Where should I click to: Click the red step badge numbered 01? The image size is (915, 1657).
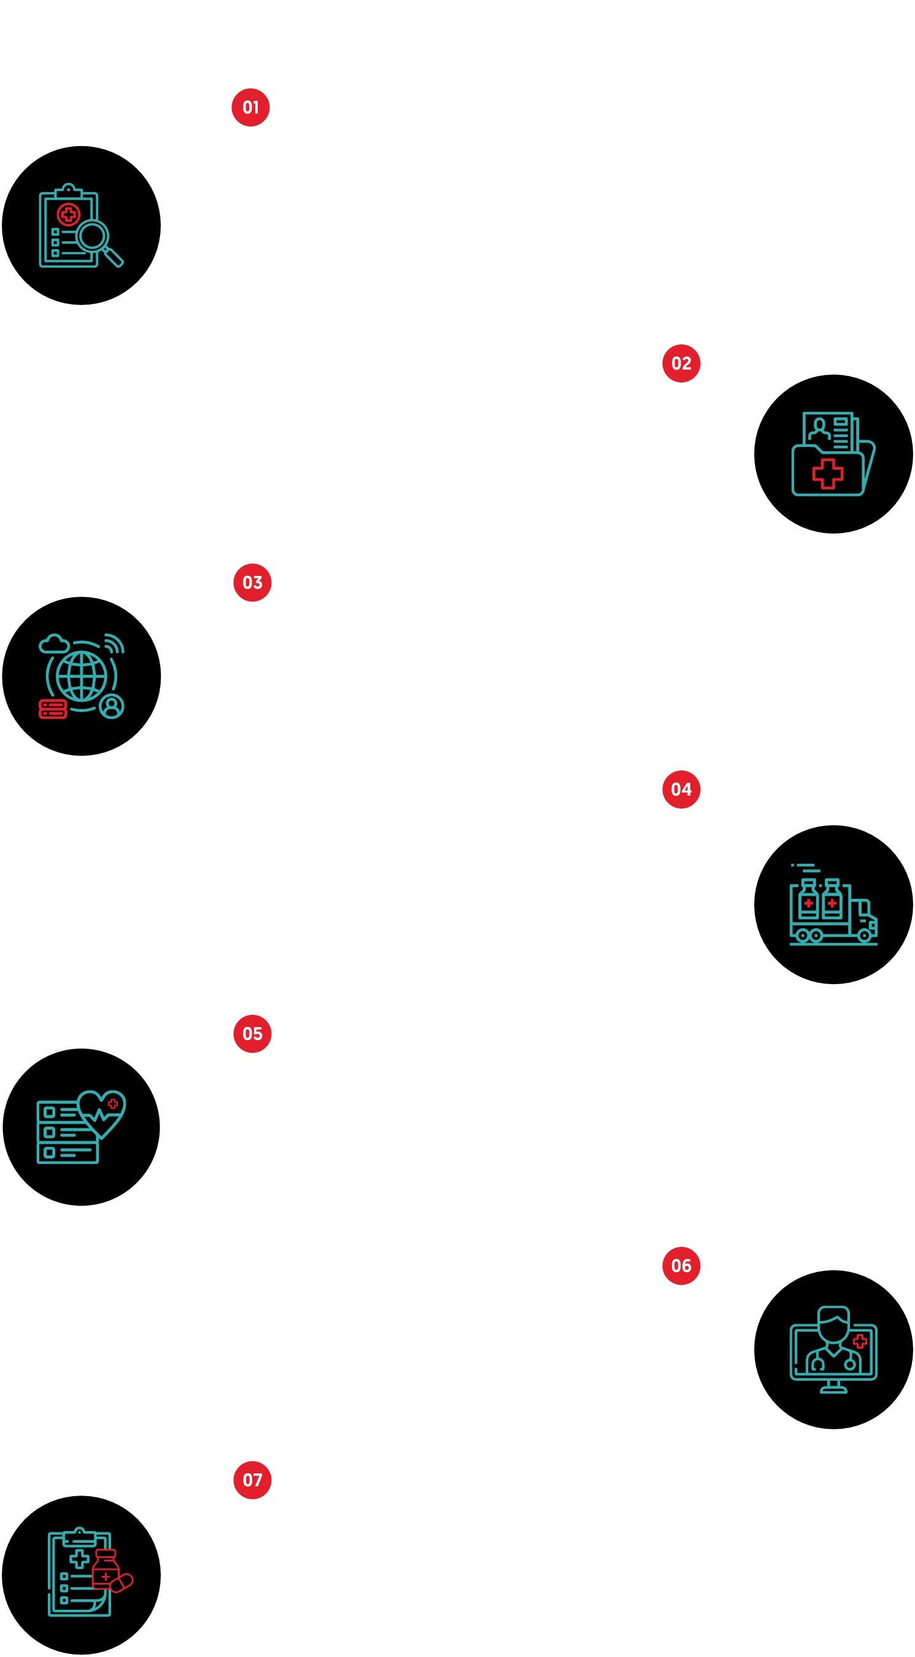[250, 107]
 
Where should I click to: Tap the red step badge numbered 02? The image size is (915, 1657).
[681, 363]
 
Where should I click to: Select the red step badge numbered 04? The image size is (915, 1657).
[681, 790]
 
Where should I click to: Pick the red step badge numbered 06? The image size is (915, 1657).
[681, 1266]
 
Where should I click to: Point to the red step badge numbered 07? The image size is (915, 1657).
[252, 1480]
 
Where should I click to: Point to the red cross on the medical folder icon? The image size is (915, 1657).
[828, 474]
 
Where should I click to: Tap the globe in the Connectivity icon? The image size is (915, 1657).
[81, 676]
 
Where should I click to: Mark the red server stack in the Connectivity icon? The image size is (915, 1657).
[53, 709]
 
